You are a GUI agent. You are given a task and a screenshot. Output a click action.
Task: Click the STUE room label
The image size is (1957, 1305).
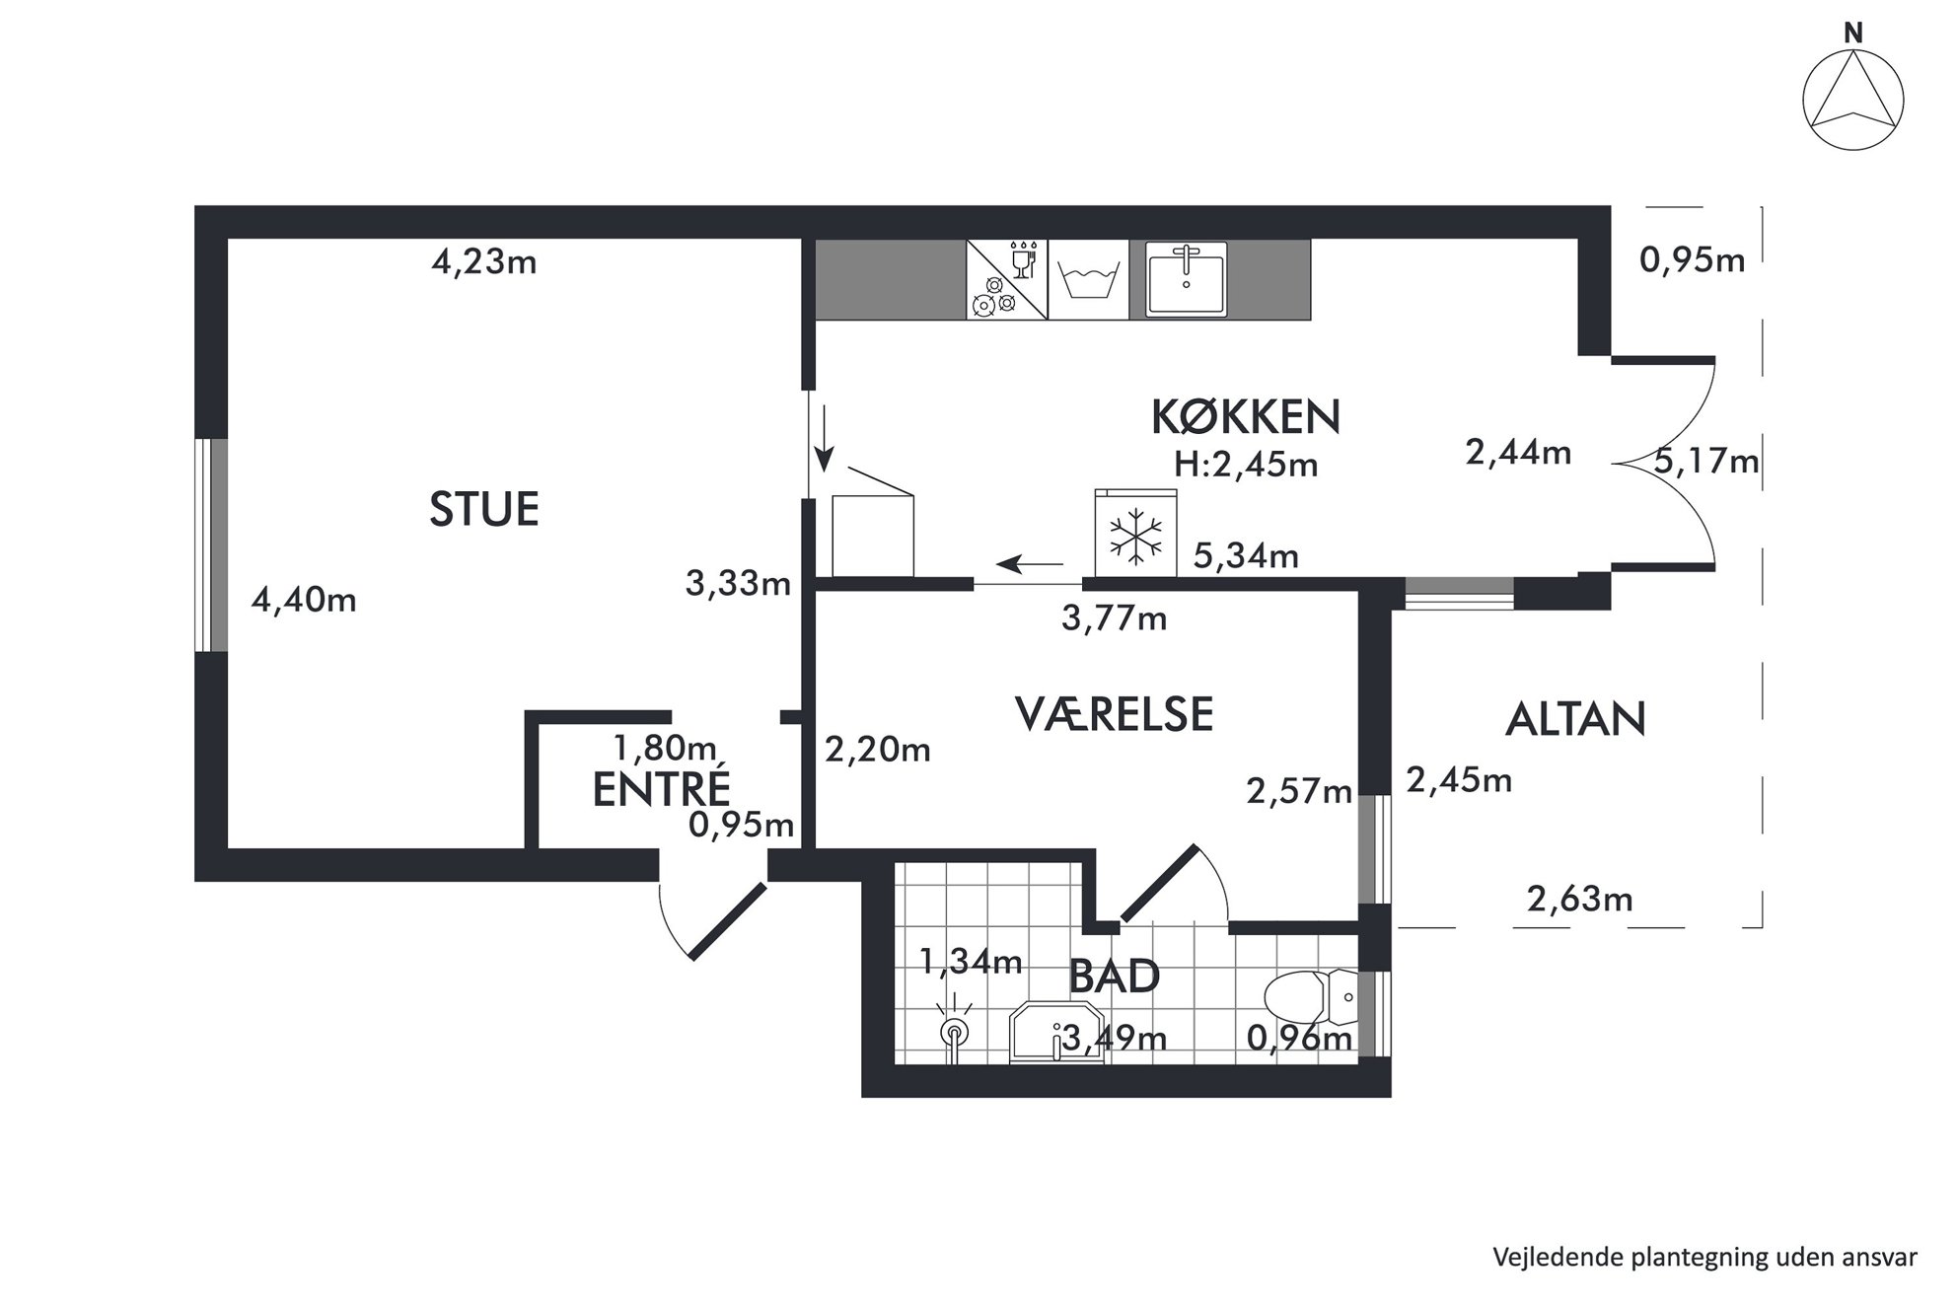[x=484, y=509]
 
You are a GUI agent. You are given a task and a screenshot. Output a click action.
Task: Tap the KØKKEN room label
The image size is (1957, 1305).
[x=1246, y=417]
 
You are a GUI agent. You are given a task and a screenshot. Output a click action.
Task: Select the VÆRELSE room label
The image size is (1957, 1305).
[x=1114, y=714]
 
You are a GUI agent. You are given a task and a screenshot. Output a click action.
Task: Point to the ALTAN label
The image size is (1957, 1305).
[x=1575, y=720]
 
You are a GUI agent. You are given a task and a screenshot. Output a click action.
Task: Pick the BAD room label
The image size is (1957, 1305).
[x=1114, y=977]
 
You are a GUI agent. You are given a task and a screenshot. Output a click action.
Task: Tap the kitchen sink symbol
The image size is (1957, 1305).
[x=1186, y=279]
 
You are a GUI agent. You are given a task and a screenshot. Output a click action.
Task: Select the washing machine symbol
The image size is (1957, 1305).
[x=1088, y=280]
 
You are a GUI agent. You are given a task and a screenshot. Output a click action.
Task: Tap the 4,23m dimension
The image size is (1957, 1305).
[x=484, y=262]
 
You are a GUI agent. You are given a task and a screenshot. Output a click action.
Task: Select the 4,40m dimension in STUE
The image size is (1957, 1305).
[x=304, y=600]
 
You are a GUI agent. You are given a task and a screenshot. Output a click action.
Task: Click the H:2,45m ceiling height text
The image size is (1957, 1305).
[x=1246, y=465]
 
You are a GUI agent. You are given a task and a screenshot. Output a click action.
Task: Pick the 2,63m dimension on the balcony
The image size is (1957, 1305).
[x=1579, y=900]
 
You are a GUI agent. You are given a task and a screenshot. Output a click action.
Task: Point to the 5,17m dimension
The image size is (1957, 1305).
[x=1706, y=462]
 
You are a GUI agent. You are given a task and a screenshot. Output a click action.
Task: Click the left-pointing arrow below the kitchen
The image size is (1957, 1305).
[x=1030, y=564]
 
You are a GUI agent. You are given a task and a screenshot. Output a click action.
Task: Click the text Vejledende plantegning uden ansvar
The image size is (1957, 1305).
[x=1705, y=1258]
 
